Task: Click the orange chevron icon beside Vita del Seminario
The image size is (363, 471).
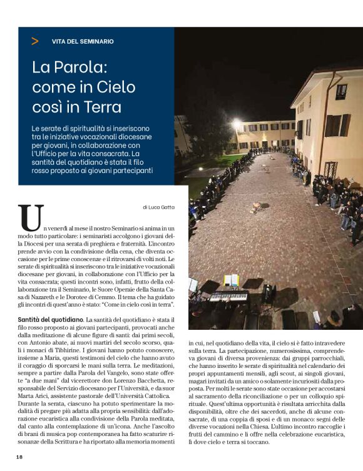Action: (34, 41)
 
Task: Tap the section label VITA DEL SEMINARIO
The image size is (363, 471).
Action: (83, 41)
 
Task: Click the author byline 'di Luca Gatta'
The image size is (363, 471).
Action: (159, 207)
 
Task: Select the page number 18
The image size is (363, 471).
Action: (19, 457)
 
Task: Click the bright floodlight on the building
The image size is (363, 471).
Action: (237, 124)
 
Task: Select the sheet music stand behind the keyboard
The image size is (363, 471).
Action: (231, 280)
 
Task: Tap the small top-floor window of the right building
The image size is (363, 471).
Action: (341, 91)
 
